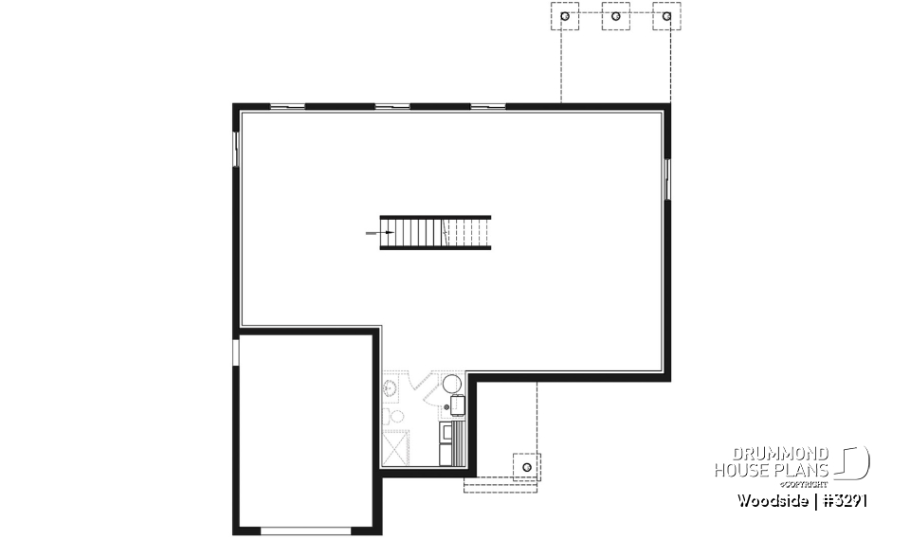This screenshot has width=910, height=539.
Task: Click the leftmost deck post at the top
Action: [x=566, y=16]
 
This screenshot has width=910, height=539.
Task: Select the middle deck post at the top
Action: [x=616, y=16]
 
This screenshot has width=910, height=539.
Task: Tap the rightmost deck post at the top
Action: [x=667, y=16]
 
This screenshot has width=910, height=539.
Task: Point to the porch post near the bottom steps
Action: [x=526, y=466]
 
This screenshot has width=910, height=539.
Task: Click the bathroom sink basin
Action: [x=389, y=386]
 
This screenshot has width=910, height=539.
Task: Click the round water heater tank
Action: [x=453, y=384]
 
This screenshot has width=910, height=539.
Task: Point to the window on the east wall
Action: [x=667, y=178]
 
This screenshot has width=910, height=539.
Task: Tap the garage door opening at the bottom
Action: [x=298, y=530]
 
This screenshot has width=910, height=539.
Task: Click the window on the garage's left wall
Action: [x=236, y=351]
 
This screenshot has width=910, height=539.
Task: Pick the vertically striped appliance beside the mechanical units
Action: [x=461, y=441]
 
